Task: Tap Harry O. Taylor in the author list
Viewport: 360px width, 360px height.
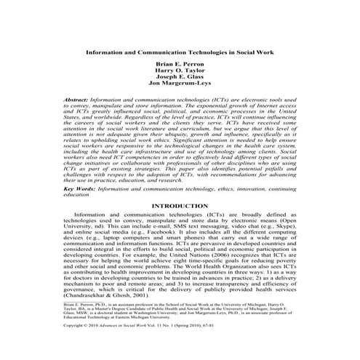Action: (x=180, y=72)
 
